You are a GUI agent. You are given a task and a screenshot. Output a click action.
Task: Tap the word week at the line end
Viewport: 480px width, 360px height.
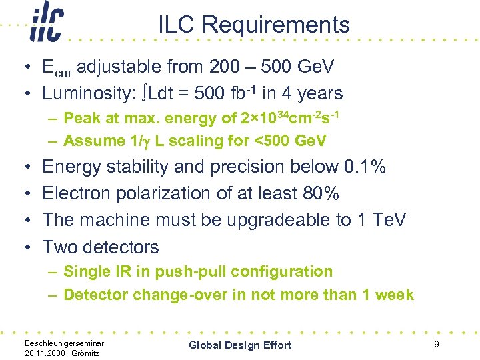point(394,295)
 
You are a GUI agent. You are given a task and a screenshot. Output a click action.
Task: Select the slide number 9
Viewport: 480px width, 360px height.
point(435,344)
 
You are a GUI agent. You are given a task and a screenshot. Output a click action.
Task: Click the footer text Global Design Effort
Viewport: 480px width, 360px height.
point(240,345)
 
